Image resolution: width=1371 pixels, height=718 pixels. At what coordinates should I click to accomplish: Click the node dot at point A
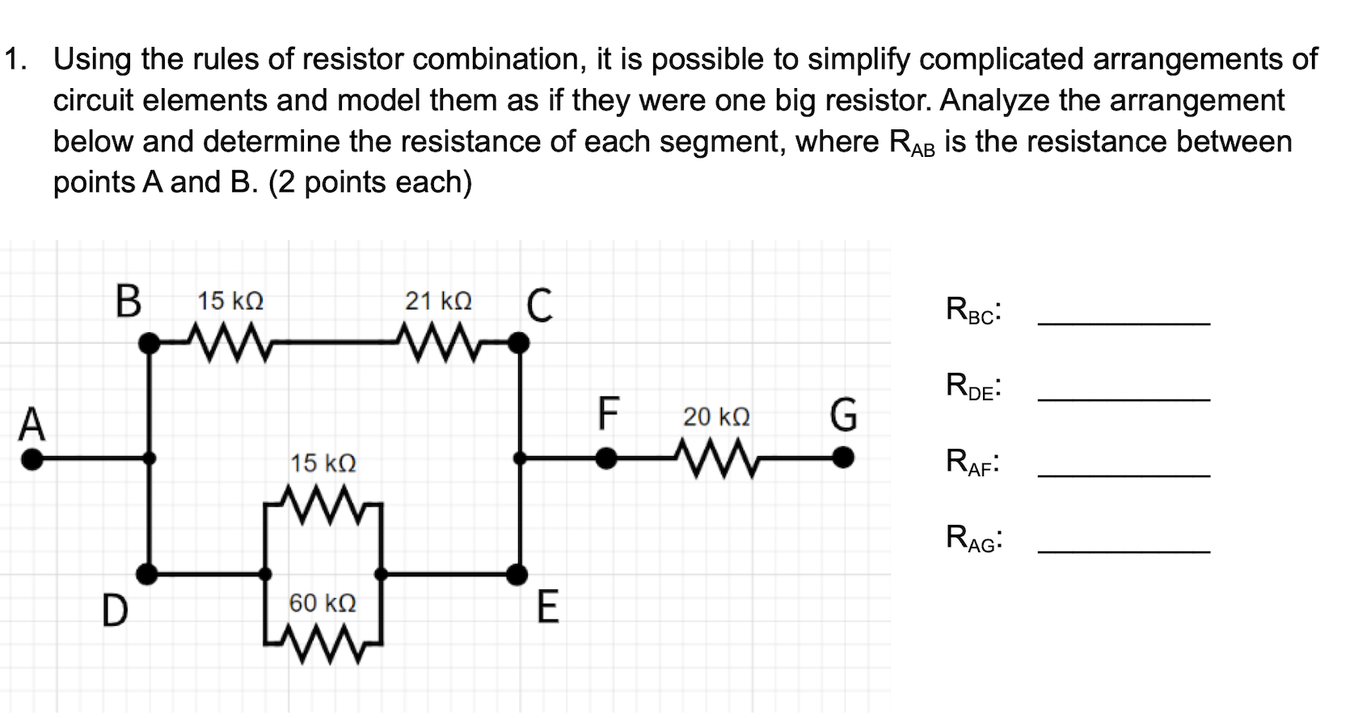click(32, 459)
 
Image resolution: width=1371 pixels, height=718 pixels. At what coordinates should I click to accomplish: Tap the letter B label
click(128, 301)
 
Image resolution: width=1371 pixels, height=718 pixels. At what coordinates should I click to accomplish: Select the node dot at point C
click(519, 344)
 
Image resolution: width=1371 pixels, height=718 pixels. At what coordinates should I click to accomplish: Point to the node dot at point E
click(517, 574)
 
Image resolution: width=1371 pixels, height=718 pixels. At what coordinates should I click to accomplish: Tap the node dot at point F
click(606, 459)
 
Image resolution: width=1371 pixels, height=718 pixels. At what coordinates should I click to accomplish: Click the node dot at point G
click(842, 459)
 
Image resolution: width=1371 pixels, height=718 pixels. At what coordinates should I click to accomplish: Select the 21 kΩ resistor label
click(438, 302)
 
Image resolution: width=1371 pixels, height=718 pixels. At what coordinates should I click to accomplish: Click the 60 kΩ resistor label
click(323, 603)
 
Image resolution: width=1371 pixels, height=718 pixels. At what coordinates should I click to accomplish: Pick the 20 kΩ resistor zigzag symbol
click(716, 459)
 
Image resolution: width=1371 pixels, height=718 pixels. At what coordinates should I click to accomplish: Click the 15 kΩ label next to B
click(230, 302)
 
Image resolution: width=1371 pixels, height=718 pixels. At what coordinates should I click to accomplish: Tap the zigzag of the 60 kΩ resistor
click(322, 644)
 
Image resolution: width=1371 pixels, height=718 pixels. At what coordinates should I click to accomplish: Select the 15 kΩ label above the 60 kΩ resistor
click(323, 463)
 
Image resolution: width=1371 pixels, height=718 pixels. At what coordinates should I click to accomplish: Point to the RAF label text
click(972, 462)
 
